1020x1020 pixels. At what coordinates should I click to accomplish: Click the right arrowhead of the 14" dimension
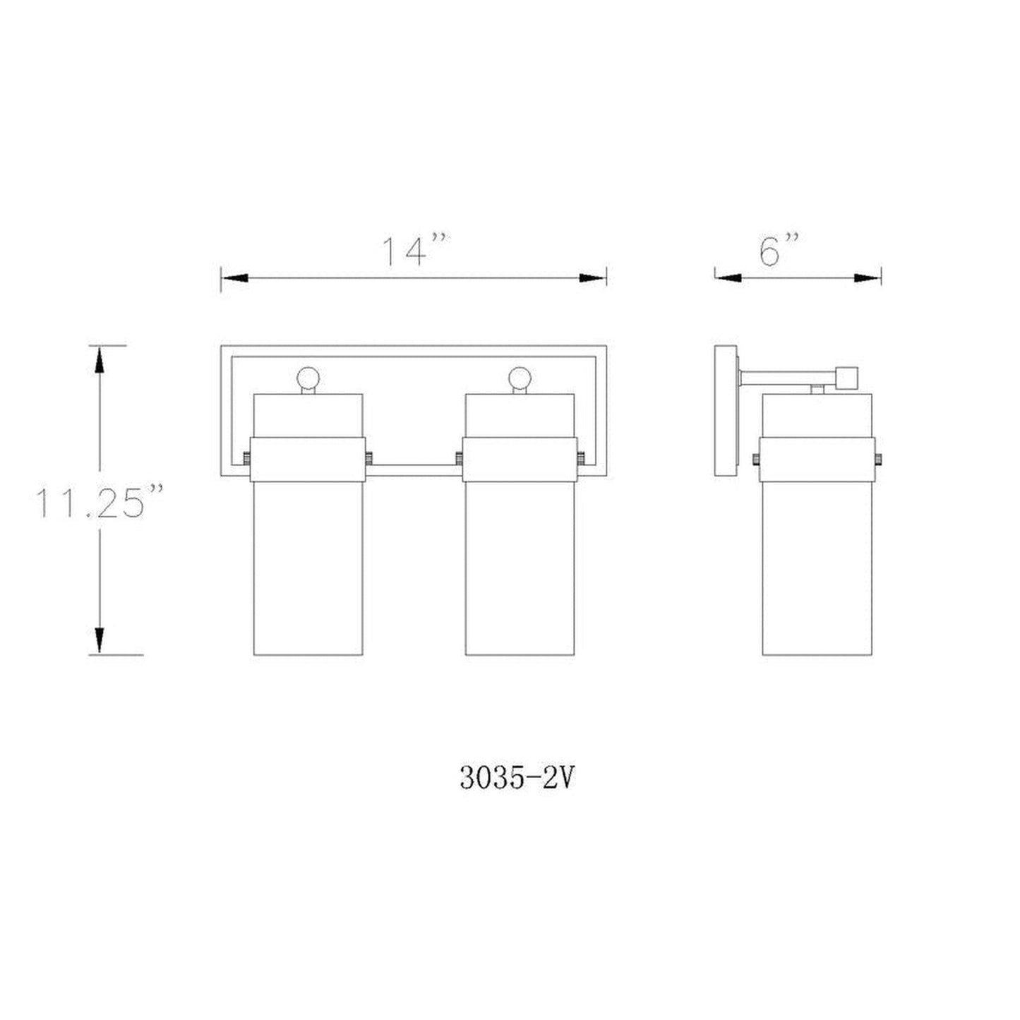pyautogui.click(x=592, y=278)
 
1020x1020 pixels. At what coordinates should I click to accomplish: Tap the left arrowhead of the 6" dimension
pyautogui.click(x=728, y=278)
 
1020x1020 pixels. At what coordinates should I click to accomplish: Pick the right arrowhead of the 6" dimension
pyautogui.click(x=868, y=278)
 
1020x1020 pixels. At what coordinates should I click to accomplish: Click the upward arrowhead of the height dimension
pyautogui.click(x=100, y=360)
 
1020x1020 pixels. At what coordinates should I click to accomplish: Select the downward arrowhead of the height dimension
pyautogui.click(x=100, y=640)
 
